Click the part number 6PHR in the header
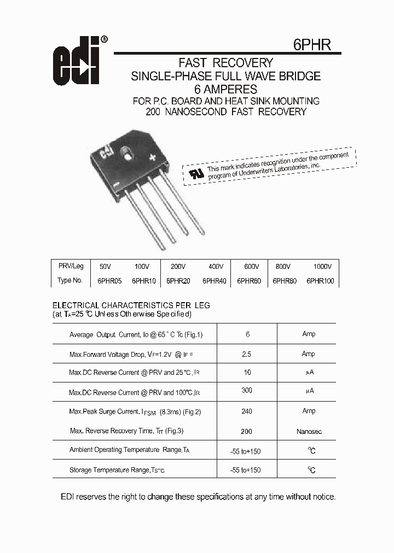pyautogui.click(x=312, y=44)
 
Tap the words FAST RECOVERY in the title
pyautogui.click(x=225, y=63)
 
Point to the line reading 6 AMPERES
pyautogui.click(x=225, y=89)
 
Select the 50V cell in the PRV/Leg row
pyautogui.click(x=105, y=267)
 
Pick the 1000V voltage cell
pyautogui.click(x=322, y=267)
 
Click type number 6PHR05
pyautogui.click(x=109, y=281)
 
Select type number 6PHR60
pyautogui.click(x=249, y=281)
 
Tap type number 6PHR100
pyautogui.click(x=320, y=281)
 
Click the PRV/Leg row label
pyautogui.click(x=71, y=266)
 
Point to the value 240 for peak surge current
pyautogui.click(x=247, y=411)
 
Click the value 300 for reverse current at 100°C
pyautogui.click(x=247, y=390)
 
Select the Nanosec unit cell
pyautogui.click(x=309, y=431)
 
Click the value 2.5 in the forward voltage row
pyautogui.click(x=247, y=354)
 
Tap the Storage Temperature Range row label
pyautogui.click(x=117, y=470)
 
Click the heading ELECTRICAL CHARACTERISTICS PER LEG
pyautogui.click(x=131, y=305)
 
